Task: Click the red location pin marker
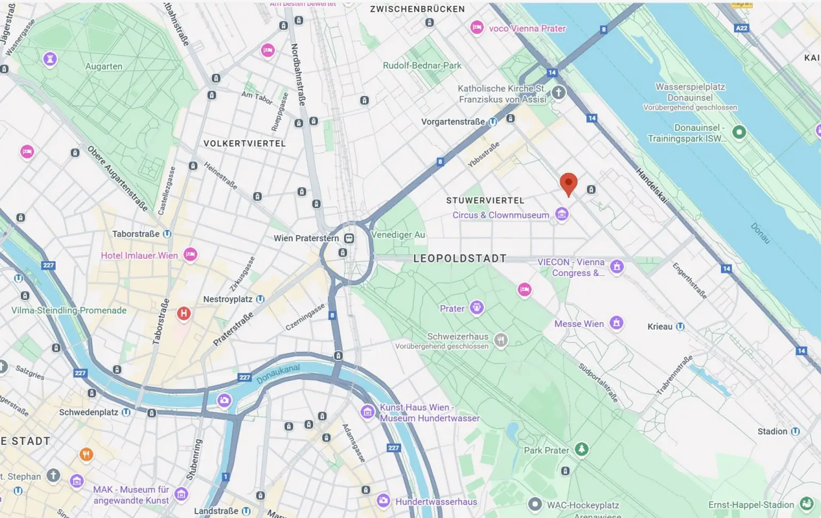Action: (x=568, y=184)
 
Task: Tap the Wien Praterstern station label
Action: (x=306, y=238)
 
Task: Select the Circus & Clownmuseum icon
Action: (x=561, y=215)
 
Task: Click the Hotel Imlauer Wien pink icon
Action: (x=190, y=255)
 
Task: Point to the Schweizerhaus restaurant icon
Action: (x=500, y=340)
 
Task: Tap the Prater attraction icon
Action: (x=476, y=308)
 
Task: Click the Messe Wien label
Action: (x=579, y=324)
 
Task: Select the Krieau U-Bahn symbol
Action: (x=680, y=326)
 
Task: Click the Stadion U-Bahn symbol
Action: (x=795, y=431)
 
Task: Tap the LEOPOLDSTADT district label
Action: (x=460, y=258)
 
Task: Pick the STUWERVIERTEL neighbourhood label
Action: (x=485, y=200)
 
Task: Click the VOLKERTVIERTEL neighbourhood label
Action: (x=245, y=144)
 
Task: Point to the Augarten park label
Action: (x=104, y=66)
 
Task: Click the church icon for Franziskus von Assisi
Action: (x=558, y=92)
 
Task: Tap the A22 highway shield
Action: (x=741, y=28)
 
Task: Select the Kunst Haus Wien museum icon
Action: (x=367, y=411)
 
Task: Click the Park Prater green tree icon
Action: (x=581, y=449)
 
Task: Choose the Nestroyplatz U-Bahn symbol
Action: (x=260, y=299)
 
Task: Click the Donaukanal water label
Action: (x=278, y=374)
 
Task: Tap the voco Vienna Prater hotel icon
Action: (x=477, y=28)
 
